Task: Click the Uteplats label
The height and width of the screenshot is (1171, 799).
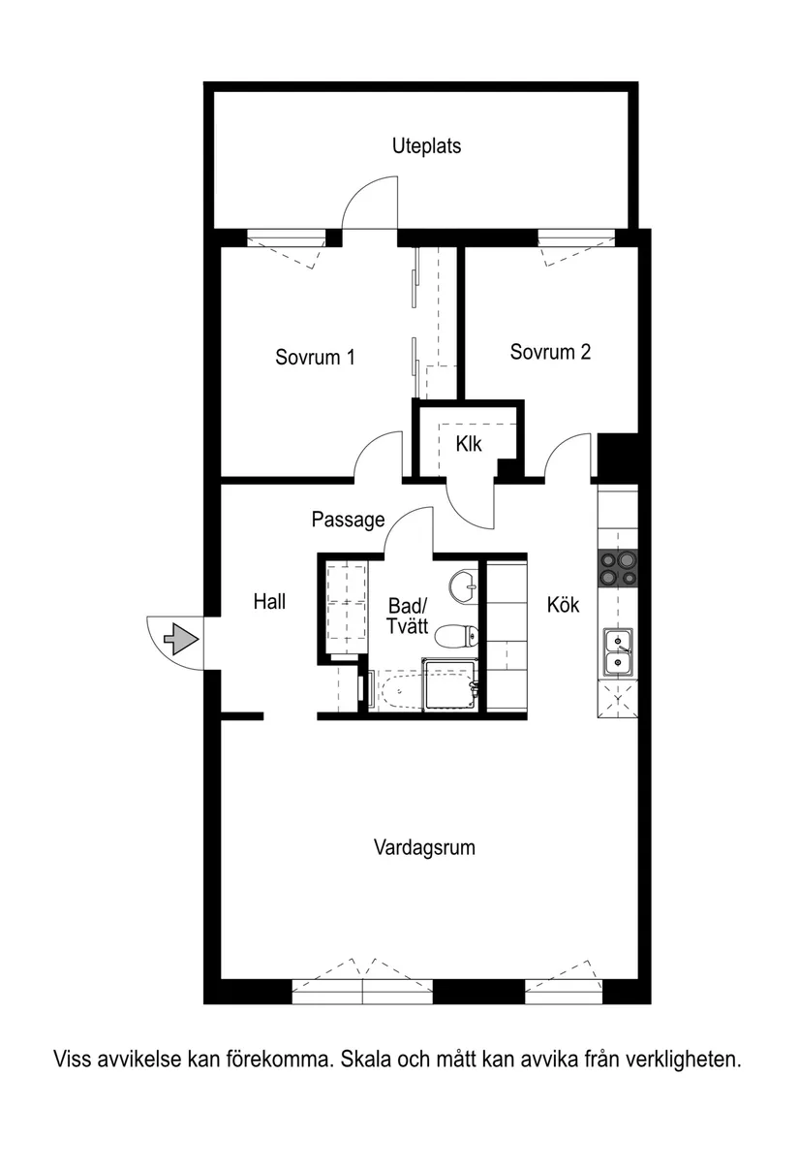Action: click(x=426, y=146)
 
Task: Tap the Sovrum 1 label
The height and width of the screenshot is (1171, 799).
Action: click(x=315, y=357)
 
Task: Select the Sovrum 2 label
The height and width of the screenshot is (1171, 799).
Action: click(x=550, y=352)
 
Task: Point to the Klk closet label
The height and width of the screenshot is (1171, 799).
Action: click(x=469, y=444)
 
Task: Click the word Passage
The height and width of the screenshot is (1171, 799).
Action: click(x=348, y=520)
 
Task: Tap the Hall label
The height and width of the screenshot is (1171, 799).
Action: click(x=269, y=601)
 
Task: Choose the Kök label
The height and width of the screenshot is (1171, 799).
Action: click(x=563, y=604)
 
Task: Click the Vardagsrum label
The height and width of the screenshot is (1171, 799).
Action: click(x=424, y=847)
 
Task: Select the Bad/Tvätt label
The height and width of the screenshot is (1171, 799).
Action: click(x=407, y=616)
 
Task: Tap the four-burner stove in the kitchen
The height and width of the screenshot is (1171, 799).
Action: click(x=619, y=569)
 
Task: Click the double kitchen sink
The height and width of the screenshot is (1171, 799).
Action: click(x=618, y=650)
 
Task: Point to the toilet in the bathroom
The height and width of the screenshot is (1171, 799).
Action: click(x=456, y=636)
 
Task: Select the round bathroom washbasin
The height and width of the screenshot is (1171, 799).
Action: click(x=463, y=585)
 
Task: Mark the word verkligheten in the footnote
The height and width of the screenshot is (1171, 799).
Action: click(x=683, y=1060)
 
